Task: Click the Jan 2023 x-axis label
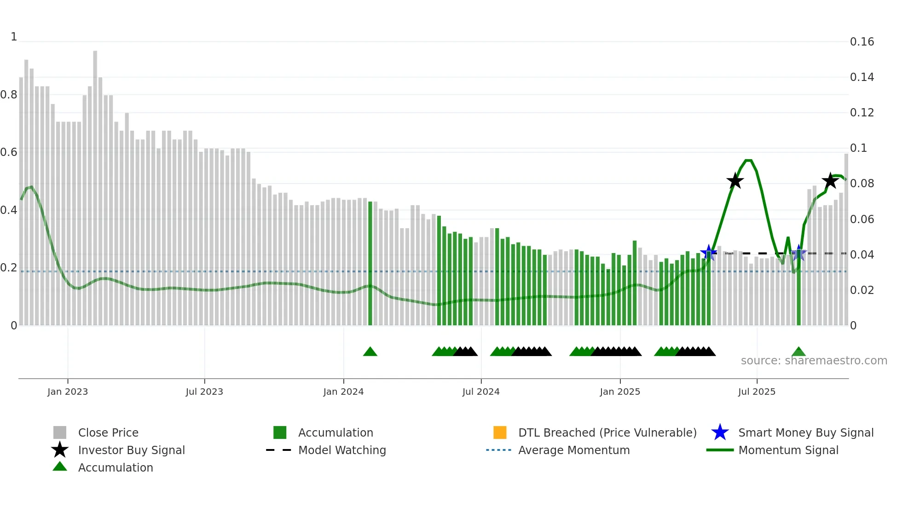67,392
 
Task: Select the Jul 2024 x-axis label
480,392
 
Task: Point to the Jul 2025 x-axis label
756,392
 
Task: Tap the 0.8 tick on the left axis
9,95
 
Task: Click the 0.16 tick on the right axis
862,42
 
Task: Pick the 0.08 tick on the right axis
862,184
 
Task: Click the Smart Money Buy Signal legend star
720,432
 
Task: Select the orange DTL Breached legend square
500,432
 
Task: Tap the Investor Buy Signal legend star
60,450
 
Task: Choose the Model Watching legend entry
341,450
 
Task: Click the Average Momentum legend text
573,450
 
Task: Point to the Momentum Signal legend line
720,450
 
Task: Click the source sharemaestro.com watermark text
814,361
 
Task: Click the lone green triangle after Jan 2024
370,352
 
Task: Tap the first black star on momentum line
735,181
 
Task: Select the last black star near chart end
830,181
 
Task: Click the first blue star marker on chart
709,253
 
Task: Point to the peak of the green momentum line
748,161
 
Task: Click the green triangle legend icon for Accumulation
60,467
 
